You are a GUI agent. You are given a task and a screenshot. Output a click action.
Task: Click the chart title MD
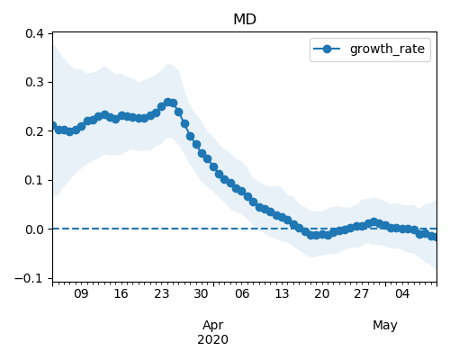click(x=245, y=20)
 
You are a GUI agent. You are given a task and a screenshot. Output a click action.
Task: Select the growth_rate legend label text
click(x=387, y=49)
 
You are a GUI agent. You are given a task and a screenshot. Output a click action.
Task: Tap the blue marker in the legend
click(x=327, y=49)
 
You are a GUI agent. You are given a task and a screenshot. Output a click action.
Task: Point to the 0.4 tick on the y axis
click(x=35, y=33)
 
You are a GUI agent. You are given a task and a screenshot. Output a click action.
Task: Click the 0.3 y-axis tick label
click(x=35, y=82)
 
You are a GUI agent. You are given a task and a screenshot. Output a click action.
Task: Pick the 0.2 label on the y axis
click(x=35, y=131)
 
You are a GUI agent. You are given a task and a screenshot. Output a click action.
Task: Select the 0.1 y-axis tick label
click(x=35, y=180)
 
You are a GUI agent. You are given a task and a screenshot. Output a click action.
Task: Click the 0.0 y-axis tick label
click(x=35, y=229)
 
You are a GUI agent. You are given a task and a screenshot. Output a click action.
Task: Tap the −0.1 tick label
click(x=30, y=278)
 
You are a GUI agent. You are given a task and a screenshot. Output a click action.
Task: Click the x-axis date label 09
click(x=81, y=293)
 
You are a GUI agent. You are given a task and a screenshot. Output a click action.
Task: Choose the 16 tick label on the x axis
click(x=121, y=293)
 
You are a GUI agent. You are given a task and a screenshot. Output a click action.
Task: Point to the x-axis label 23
click(x=161, y=293)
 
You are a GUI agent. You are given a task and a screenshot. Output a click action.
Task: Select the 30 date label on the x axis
click(x=202, y=293)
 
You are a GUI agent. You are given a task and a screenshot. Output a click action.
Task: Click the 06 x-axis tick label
click(x=242, y=293)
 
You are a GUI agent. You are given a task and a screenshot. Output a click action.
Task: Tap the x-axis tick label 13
click(x=282, y=293)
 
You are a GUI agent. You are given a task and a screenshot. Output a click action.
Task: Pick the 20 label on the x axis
click(x=322, y=293)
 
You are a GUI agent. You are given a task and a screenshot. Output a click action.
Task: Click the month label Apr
click(x=213, y=326)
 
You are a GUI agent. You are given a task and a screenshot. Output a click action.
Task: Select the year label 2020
click(x=213, y=339)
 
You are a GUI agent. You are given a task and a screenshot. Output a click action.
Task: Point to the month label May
click(x=385, y=326)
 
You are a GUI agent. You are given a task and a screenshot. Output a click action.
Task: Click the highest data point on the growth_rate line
click(x=167, y=102)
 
